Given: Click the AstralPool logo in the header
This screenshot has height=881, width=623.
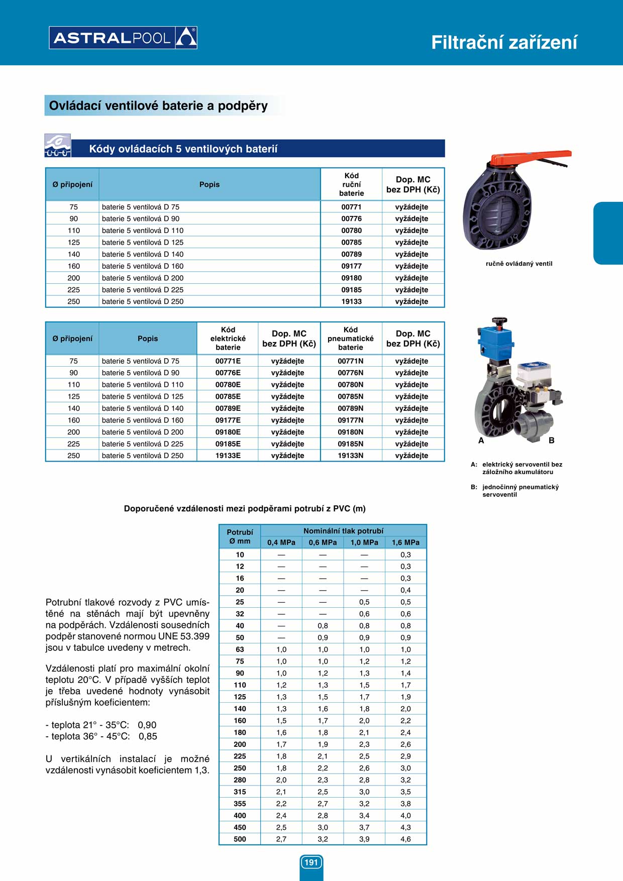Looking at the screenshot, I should [x=123, y=38].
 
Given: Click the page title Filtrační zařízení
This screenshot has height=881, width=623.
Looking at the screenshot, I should [x=504, y=43].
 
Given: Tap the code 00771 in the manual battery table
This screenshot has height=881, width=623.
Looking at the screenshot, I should [x=351, y=207].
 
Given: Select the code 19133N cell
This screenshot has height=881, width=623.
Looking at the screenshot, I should [x=350, y=456].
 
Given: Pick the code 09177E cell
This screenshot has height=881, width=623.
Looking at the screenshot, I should [x=228, y=420].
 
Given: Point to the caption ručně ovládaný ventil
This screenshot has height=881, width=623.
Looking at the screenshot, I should [x=518, y=264].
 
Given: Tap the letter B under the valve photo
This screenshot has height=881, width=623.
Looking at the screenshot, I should [x=551, y=440].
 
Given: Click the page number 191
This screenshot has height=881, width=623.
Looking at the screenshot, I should [x=311, y=862].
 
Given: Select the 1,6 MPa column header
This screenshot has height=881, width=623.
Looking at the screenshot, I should [x=405, y=542].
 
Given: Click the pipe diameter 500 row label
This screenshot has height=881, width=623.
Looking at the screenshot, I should [x=240, y=839].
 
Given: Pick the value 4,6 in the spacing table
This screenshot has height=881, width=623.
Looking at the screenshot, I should [x=405, y=839].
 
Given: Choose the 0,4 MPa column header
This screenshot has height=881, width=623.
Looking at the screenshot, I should [x=281, y=542].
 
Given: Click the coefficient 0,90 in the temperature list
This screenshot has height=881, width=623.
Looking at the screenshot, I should [x=147, y=725].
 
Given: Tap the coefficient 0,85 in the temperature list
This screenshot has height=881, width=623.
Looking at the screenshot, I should [x=148, y=736].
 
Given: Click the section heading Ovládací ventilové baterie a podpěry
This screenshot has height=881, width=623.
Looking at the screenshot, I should [x=158, y=106].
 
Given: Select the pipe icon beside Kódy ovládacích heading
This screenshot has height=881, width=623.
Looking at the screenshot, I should [x=57, y=146].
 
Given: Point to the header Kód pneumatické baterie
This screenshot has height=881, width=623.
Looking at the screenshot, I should [x=351, y=339].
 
